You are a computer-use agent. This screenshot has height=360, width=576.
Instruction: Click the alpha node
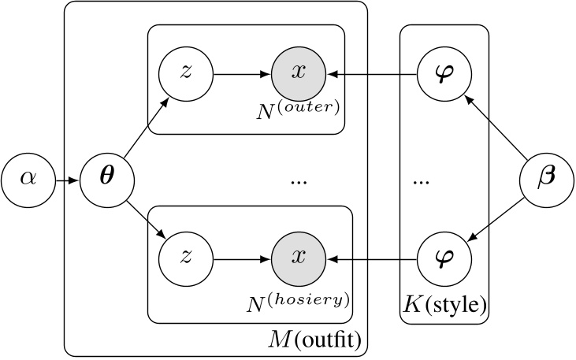click(28, 180)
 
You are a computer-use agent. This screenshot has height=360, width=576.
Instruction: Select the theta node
click(102, 180)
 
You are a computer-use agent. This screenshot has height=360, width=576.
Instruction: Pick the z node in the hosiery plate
click(185, 258)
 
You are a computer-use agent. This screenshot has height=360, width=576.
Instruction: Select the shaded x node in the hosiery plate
click(298, 258)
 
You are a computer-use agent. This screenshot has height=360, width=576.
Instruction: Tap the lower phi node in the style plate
click(444, 258)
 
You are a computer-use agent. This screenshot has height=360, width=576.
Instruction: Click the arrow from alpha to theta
click(65, 180)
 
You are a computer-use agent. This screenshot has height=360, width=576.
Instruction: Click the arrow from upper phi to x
click(370, 76)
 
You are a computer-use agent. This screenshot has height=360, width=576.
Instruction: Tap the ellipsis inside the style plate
click(421, 182)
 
